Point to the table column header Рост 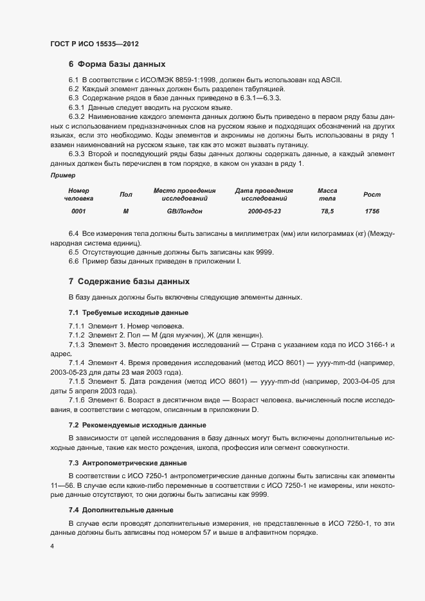click(372, 194)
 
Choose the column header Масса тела click(327, 194)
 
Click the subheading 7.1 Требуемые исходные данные click(128, 312)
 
